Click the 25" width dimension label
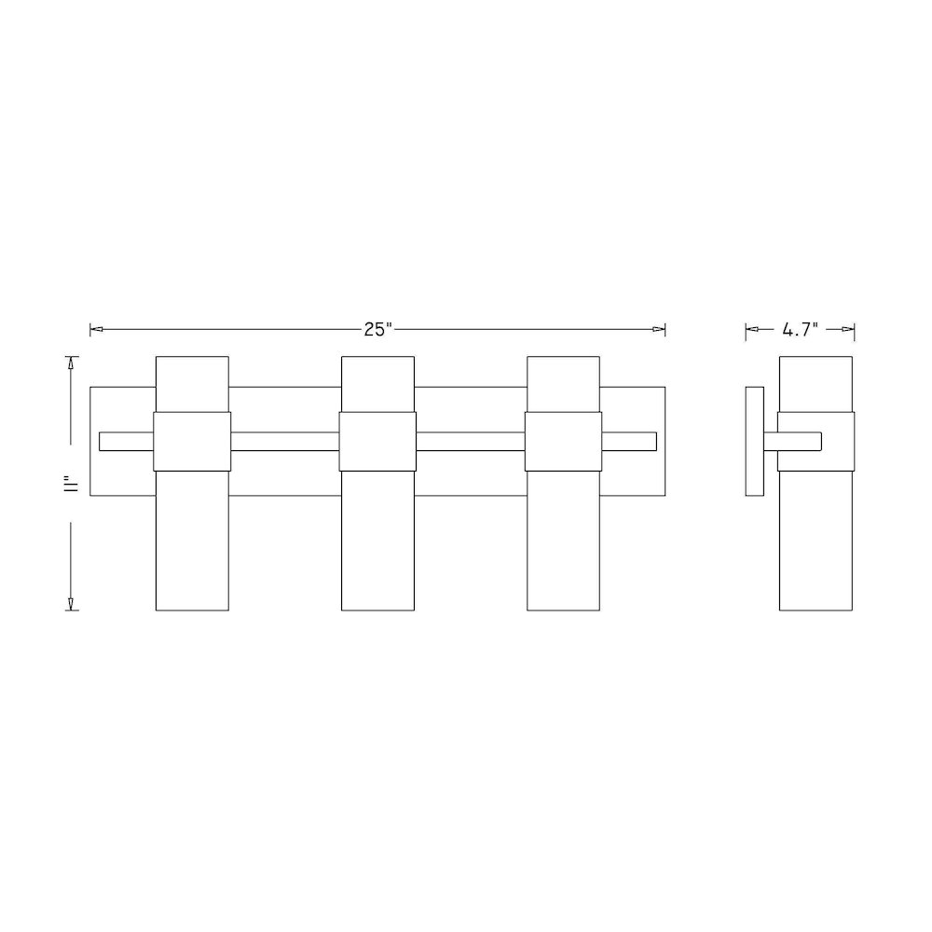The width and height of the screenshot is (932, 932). click(378, 329)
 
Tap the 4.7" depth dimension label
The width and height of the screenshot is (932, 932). click(800, 329)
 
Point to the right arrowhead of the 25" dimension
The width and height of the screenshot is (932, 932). click(659, 329)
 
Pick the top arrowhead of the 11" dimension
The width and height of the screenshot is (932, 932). click(72, 363)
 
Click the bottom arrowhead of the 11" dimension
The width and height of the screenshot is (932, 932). click(72, 604)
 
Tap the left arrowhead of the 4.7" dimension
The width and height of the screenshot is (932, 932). click(752, 329)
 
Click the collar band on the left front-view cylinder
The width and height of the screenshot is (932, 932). click(192, 442)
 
